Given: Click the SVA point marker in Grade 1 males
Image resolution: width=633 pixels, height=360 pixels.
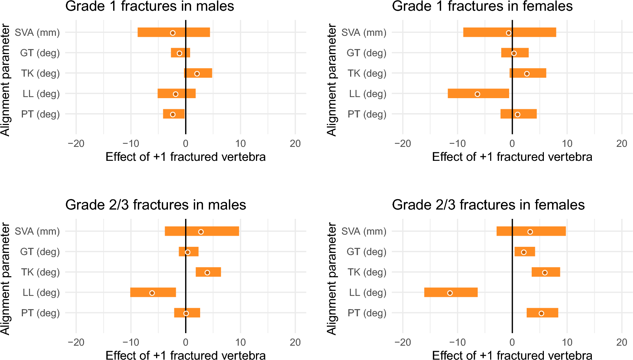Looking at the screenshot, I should (x=173, y=33).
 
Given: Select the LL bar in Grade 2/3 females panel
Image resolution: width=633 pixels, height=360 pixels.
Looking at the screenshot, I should (x=451, y=292).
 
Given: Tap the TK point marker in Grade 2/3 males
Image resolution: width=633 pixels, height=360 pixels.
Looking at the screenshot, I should (x=207, y=273).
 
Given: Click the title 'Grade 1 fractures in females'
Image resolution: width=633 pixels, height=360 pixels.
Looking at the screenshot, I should (x=482, y=6).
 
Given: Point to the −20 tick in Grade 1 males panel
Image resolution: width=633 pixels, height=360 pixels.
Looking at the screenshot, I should (x=76, y=144).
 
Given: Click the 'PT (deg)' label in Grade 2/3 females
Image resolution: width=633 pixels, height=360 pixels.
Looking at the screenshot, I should (x=367, y=313).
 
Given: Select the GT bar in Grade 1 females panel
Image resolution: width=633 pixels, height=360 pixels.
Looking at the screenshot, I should (x=515, y=53).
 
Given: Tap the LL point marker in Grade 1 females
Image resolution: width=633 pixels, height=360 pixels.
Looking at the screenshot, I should (x=477, y=94).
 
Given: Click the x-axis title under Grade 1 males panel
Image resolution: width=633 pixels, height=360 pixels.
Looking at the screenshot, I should (x=185, y=157).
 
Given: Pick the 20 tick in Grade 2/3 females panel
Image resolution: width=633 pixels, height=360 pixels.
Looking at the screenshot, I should (x=622, y=342).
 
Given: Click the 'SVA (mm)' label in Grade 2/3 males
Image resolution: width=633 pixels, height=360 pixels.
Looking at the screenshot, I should (x=37, y=231).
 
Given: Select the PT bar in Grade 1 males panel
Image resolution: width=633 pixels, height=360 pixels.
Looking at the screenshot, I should (x=174, y=114).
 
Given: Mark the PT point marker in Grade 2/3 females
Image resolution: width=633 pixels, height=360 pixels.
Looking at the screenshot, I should (x=541, y=313).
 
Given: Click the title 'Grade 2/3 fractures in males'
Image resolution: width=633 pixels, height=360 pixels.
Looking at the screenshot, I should (x=155, y=205).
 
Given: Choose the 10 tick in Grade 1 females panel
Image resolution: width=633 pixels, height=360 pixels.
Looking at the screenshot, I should (x=567, y=144).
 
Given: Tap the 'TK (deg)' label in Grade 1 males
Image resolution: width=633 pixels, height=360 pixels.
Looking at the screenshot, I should (x=40, y=73).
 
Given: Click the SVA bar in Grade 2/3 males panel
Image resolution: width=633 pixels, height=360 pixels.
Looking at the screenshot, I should (x=202, y=231).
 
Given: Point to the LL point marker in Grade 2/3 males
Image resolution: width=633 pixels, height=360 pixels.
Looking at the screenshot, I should (x=152, y=293).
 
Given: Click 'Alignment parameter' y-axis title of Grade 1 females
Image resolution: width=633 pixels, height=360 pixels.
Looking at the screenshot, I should (x=332, y=80).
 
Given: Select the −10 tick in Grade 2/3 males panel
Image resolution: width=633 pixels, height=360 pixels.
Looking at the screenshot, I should (x=131, y=342).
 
